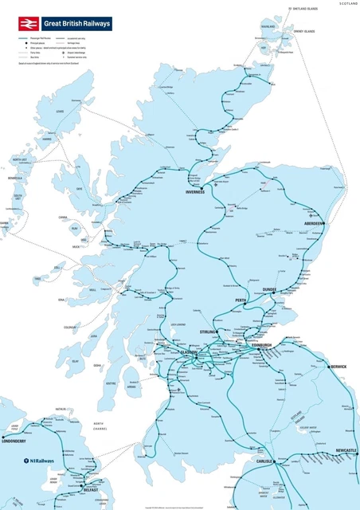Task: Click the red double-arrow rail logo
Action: tap(29, 24)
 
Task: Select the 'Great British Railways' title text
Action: tap(77, 24)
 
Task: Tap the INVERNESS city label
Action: tap(195, 192)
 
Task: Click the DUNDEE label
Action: tap(264, 289)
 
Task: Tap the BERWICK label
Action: tap(339, 367)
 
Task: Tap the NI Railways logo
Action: tap(37, 461)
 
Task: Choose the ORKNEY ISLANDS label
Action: tap(304, 31)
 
